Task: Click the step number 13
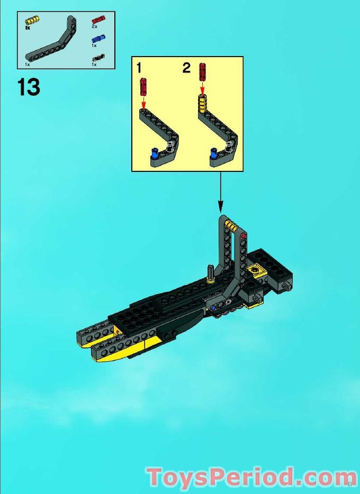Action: click(x=29, y=87)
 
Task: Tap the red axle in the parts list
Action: click(x=98, y=20)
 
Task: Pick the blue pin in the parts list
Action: click(x=98, y=39)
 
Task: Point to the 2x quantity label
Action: click(x=94, y=26)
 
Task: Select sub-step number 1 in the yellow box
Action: click(x=139, y=68)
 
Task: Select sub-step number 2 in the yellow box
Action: click(x=186, y=68)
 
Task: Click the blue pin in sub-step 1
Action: click(x=154, y=153)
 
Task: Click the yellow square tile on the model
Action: click(x=257, y=271)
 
